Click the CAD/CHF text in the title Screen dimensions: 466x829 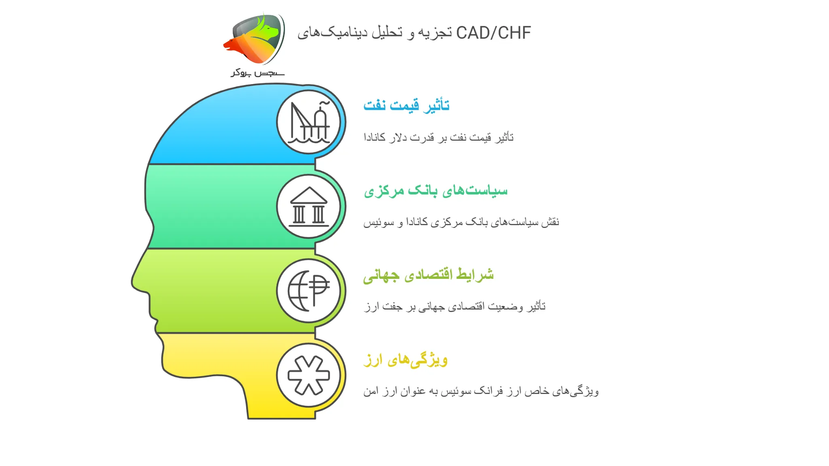493,33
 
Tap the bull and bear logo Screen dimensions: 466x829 255,40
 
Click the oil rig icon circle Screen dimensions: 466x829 308,122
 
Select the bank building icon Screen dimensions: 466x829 308,207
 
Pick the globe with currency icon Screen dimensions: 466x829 308,291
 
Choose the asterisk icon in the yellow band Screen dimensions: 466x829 308,375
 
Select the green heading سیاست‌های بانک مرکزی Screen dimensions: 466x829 436,190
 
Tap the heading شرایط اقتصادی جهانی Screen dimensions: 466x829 428,275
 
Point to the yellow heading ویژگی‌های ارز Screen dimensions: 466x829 406,359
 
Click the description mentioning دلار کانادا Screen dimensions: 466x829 438,137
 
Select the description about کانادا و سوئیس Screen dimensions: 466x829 461,222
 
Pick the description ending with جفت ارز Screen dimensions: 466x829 455,306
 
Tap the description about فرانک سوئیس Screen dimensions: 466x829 481,391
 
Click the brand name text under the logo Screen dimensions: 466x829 258,73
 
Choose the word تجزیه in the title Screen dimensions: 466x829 435,33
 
